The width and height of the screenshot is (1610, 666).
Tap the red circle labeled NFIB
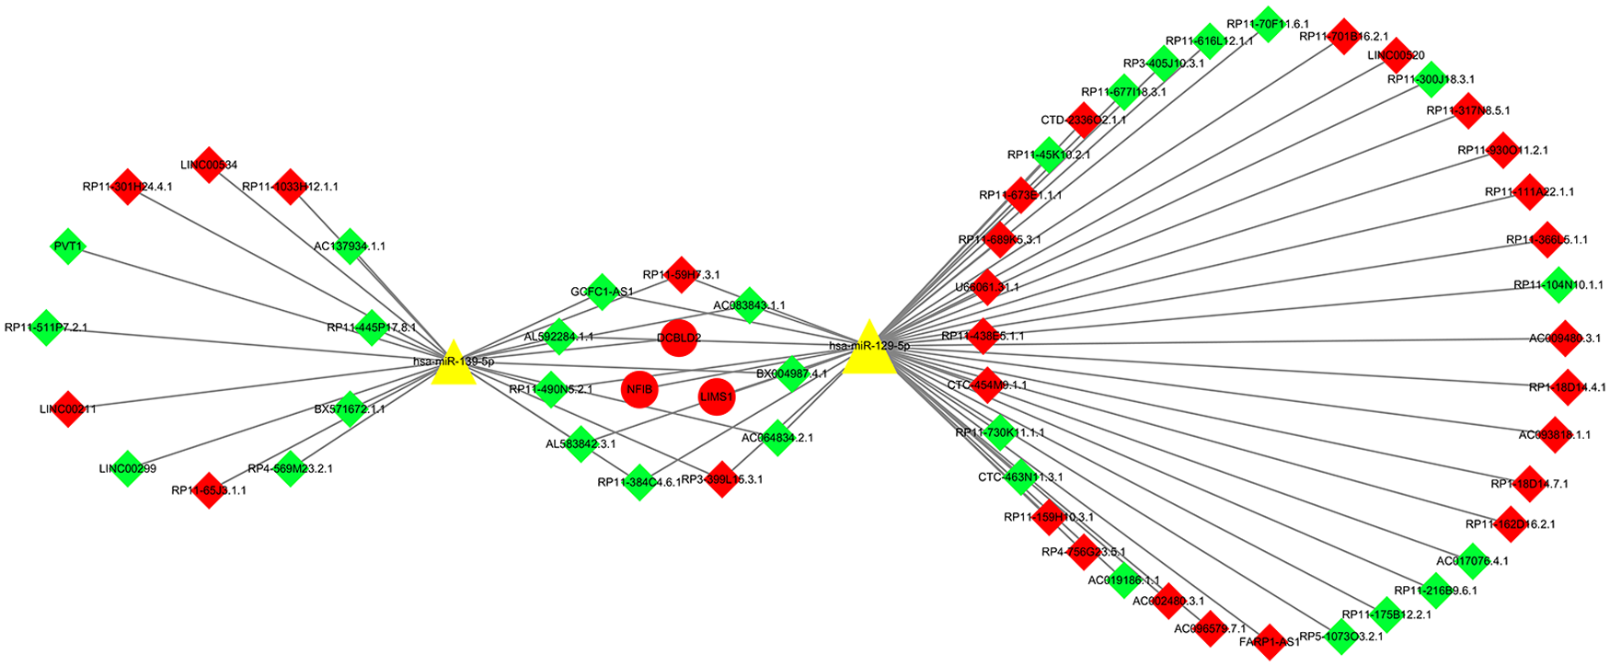(639, 389)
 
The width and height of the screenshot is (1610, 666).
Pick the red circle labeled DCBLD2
(678, 338)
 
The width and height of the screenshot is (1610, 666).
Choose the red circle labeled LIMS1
(717, 396)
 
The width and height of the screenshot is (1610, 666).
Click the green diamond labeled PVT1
(67, 247)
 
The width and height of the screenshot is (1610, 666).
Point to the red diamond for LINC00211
(67, 408)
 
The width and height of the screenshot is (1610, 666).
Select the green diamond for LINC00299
(127, 468)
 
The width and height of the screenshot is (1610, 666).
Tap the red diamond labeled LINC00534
(209, 165)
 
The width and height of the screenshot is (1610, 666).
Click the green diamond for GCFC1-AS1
(603, 292)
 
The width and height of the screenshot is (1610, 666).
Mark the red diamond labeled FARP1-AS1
(1269, 641)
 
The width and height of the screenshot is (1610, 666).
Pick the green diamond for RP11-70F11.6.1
(1269, 24)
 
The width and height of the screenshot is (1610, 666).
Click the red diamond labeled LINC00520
(1396, 55)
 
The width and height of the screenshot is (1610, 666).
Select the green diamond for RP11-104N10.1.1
(1557, 285)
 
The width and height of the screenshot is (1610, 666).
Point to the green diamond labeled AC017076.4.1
(1472, 560)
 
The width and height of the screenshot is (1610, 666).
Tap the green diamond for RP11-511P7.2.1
(45, 327)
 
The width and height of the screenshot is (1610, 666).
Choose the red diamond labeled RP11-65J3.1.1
(209, 490)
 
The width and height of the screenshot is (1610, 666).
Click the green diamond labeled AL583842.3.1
(581, 443)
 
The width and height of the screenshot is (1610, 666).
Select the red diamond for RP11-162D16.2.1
(1510, 523)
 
